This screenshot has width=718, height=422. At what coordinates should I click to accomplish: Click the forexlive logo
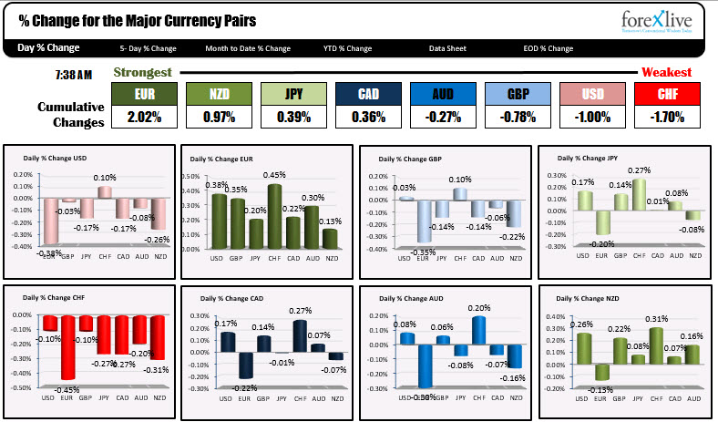[x=653, y=21]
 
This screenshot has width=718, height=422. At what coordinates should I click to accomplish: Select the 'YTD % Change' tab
[x=347, y=48]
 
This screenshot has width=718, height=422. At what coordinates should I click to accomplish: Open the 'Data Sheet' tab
[x=448, y=48]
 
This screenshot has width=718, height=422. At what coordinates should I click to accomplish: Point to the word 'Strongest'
[x=141, y=72]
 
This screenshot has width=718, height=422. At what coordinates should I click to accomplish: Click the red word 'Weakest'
[x=666, y=72]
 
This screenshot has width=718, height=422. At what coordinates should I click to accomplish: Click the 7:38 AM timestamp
[x=75, y=73]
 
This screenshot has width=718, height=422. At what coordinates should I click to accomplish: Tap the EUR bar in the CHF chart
[x=67, y=346]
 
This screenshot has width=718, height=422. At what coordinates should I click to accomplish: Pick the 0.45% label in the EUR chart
[x=274, y=175]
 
